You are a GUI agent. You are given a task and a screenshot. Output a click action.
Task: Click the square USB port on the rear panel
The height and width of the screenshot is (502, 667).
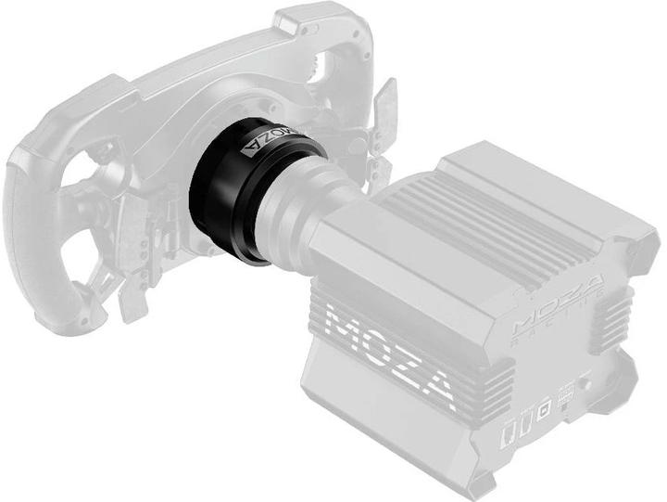[546, 405]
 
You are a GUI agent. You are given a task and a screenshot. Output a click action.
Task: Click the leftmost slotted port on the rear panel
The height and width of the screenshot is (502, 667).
[509, 432]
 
